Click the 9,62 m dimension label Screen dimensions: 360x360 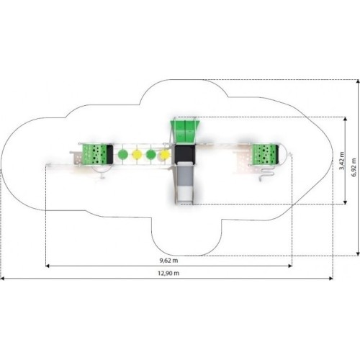[169, 261]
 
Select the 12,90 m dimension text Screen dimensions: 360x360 [168, 273]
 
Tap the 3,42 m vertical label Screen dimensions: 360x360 [341, 161]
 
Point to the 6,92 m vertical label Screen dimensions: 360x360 [354, 168]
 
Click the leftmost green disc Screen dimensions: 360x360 [122, 154]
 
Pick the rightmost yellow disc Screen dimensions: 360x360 [166, 154]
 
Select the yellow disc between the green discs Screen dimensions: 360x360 [137, 154]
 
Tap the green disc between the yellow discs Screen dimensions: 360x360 [151, 154]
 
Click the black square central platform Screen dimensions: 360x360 [185, 153]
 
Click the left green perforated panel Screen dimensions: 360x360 [94, 154]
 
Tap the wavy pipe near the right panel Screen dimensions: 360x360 [266, 174]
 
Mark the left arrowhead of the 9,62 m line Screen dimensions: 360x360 [48, 266]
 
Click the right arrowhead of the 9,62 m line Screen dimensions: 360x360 [290, 266]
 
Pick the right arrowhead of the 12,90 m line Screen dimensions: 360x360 [330, 279]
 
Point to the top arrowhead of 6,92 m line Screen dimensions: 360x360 [358, 82]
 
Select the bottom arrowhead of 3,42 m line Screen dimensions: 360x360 [345, 202]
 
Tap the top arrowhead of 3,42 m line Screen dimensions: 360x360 [345, 120]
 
